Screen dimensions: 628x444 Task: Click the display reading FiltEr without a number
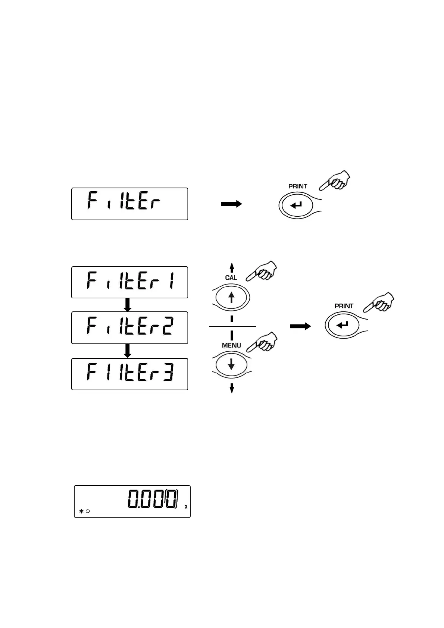[129, 204]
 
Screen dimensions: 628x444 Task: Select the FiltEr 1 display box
[129, 282]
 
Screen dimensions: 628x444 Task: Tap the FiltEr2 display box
[129, 327]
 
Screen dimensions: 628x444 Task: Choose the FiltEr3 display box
[129, 374]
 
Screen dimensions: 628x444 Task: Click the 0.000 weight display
[132, 501]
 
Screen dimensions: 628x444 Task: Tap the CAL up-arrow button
[231, 298]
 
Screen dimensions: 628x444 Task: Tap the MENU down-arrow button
[231, 364]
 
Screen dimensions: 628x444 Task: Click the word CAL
[231, 278]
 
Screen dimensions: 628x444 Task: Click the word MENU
[231, 345]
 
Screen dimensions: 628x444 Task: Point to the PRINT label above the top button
[298, 186]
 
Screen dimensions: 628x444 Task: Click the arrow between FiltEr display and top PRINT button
[232, 204]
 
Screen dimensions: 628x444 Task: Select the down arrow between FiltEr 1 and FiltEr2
[128, 305]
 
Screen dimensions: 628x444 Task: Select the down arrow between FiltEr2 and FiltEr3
[128, 351]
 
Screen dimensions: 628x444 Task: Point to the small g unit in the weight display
[185, 506]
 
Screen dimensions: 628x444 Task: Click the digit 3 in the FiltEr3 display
[168, 373]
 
